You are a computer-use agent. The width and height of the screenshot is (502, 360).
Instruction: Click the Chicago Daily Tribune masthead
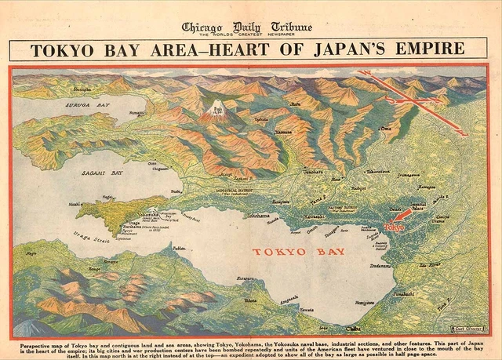click(247, 27)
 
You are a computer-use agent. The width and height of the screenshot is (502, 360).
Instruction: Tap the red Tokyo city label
click(395, 227)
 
